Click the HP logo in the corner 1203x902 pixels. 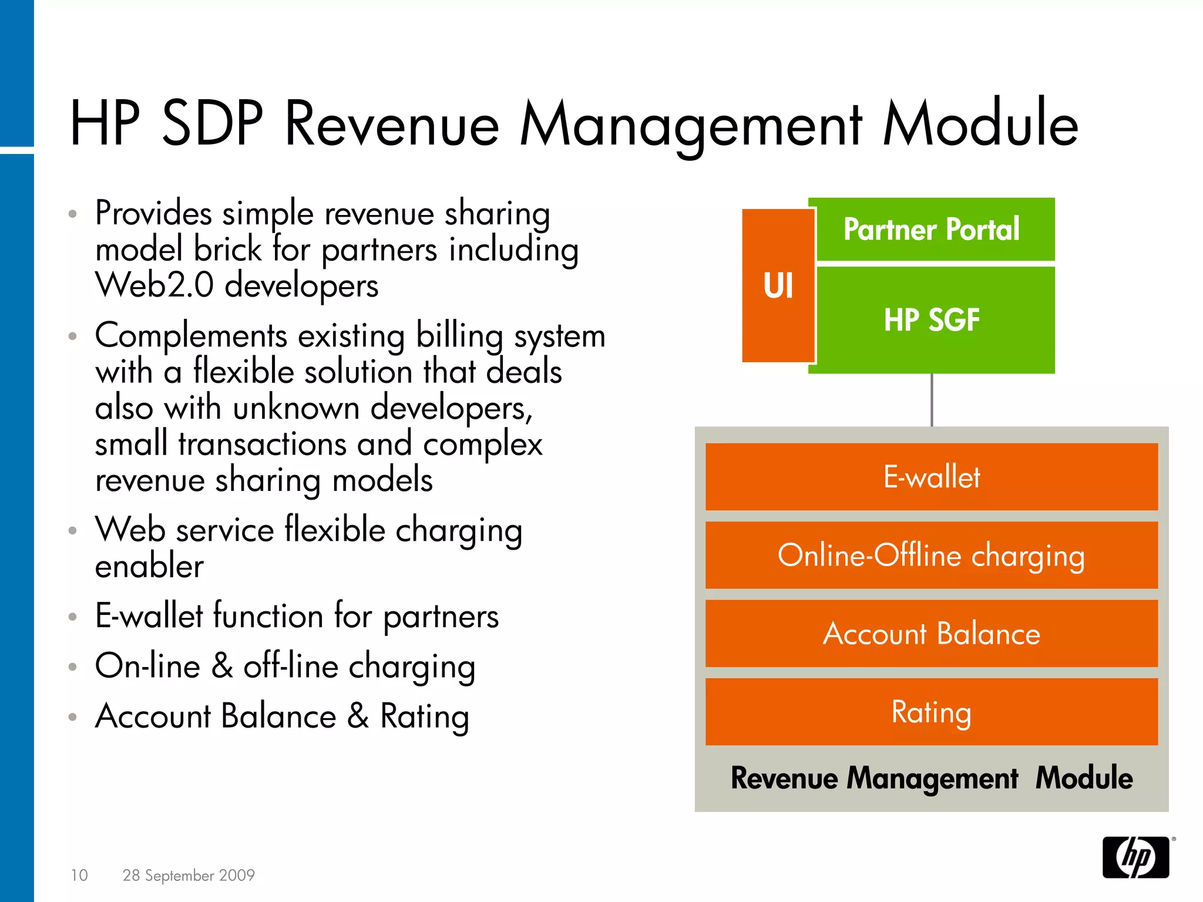(1135, 857)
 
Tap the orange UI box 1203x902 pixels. (778, 285)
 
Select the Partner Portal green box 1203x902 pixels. (932, 229)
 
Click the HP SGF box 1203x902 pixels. (932, 320)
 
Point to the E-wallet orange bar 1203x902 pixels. (932, 476)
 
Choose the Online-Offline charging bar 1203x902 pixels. (932, 555)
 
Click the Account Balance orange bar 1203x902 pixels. (932, 634)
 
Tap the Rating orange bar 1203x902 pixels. (932, 712)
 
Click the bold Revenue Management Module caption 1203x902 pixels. (932, 778)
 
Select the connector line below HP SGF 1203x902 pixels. (932, 400)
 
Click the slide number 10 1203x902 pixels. (79, 875)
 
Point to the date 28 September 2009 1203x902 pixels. (189, 875)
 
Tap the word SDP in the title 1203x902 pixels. (212, 124)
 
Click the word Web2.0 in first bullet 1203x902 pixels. (154, 285)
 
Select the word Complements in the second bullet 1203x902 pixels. (191, 336)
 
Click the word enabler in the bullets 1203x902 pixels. (149, 566)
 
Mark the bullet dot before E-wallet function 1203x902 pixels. (72, 617)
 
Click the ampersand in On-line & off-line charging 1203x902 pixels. (222, 667)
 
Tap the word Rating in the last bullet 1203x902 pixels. (424, 717)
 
